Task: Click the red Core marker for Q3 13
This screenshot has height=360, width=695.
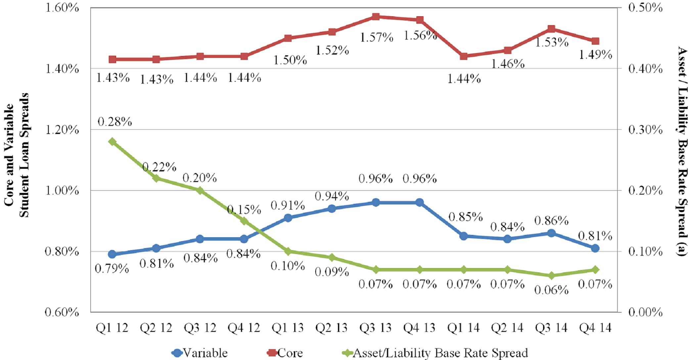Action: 376,17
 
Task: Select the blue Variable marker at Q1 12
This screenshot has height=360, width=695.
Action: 112,254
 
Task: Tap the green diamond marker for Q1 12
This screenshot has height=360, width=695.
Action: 112,142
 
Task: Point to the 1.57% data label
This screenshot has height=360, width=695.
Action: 377,37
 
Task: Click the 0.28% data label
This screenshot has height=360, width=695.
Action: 115,122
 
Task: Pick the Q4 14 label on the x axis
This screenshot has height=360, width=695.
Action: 595,328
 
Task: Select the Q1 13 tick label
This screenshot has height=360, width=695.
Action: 288,328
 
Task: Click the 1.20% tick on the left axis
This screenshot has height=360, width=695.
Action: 62,130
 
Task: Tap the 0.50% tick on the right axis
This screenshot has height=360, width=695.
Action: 645,8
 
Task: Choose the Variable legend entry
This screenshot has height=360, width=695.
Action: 200,353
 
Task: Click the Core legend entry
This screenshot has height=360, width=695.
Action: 285,353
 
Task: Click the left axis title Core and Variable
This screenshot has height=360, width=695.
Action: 9,155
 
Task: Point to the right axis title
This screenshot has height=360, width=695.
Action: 682,151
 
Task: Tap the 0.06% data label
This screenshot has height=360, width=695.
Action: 551,290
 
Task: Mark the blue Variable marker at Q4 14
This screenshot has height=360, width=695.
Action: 595,248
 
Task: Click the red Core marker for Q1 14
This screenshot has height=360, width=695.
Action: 464,56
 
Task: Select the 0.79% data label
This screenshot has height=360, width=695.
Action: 112,268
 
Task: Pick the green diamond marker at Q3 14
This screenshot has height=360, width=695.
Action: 551,276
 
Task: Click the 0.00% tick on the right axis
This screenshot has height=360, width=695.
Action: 645,312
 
